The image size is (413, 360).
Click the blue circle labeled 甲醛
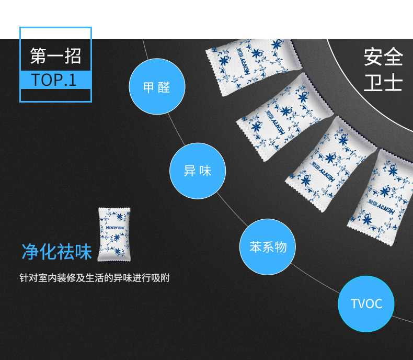157,87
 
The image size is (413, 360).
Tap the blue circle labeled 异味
198,171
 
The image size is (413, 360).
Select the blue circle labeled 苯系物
268,247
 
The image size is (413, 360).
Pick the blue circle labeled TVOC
366,303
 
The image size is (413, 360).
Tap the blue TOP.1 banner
55,80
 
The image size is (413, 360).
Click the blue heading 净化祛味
56,252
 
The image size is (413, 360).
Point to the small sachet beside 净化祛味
114,234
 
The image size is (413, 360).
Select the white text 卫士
383,83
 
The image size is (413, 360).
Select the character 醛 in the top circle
164,87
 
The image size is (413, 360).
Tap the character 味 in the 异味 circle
205,171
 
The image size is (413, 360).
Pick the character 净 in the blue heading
30,252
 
